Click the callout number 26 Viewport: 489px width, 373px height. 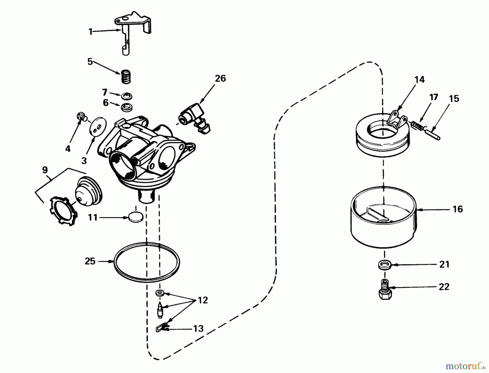point(220,78)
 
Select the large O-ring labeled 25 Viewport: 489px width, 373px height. point(147,262)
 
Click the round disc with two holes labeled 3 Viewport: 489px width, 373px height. point(98,126)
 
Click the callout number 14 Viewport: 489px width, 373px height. point(419,79)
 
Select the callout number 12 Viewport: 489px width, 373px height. point(203,300)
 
